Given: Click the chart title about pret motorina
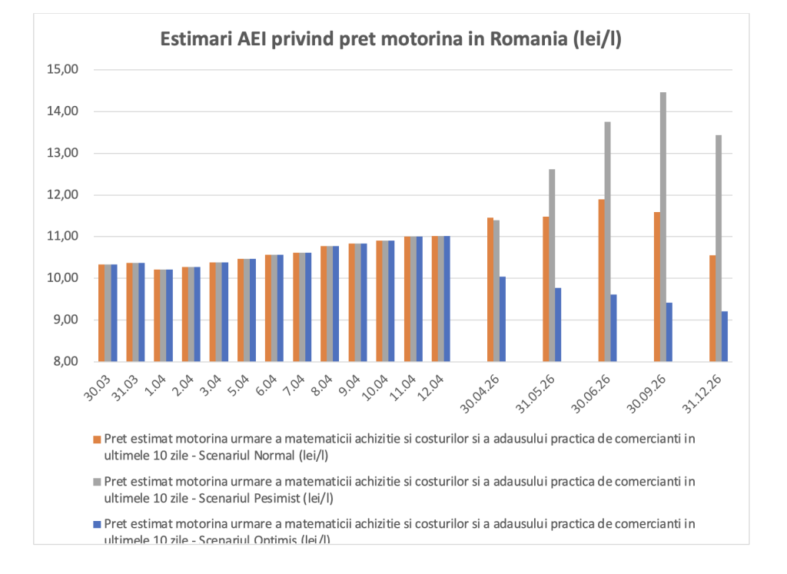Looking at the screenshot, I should click(390, 40).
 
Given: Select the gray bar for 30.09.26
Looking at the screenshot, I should click(663, 227).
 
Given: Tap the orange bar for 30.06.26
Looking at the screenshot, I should click(602, 280).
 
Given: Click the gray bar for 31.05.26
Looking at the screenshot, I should click(552, 265).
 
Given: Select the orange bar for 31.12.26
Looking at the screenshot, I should click(712, 308).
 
